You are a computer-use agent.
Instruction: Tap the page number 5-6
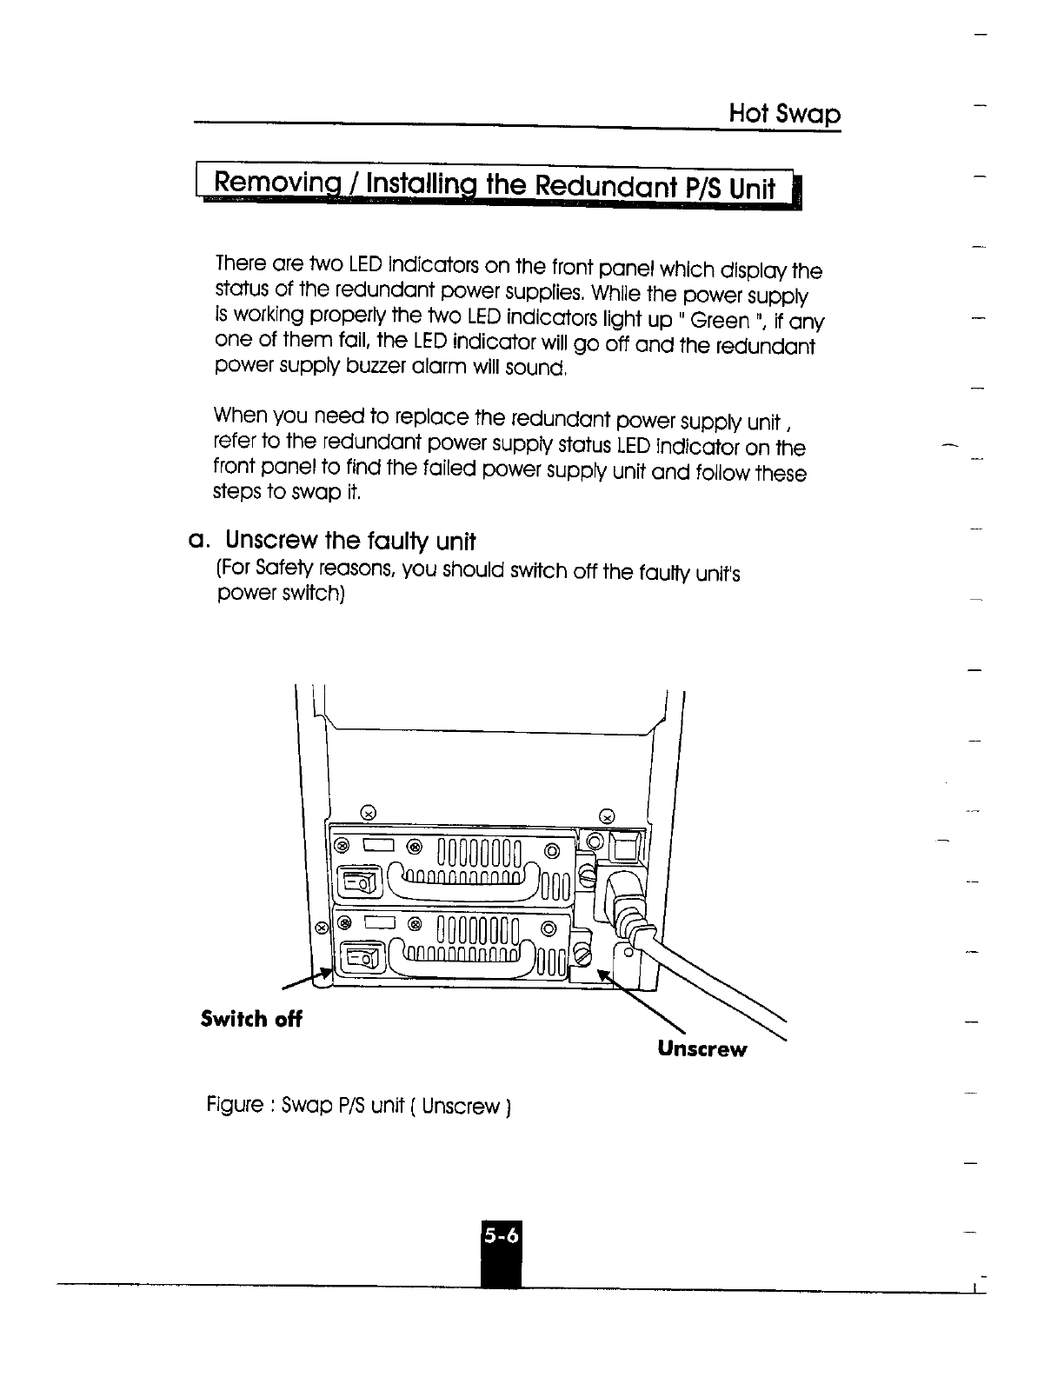[x=502, y=1234]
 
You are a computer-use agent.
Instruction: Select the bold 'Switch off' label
[x=250, y=1019]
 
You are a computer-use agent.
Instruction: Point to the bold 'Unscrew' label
[x=702, y=1048]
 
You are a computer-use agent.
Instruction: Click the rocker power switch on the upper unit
[x=361, y=883]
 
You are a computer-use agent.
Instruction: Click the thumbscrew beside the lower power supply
[x=582, y=956]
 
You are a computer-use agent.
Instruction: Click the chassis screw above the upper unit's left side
[x=368, y=813]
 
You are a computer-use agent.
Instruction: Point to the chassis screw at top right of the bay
[x=608, y=815]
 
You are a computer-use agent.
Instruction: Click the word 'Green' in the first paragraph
[x=722, y=322]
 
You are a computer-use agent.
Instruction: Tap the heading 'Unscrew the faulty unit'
[x=350, y=542]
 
